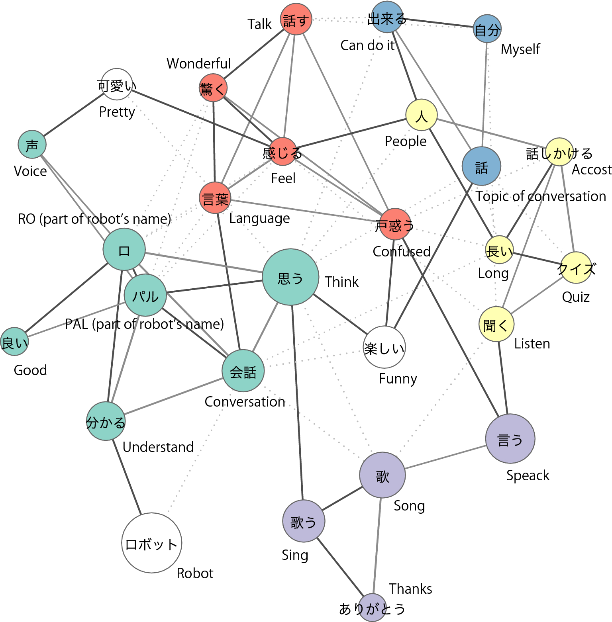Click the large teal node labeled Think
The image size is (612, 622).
tap(290, 277)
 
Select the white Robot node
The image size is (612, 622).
tap(151, 543)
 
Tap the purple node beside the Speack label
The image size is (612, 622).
tap(510, 438)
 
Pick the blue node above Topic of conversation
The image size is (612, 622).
tap(481, 166)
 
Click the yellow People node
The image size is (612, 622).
tap(421, 115)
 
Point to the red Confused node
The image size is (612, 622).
tap(394, 224)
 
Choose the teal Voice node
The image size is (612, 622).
tap(32, 144)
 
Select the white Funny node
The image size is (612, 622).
tap(384, 347)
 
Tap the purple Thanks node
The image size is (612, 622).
tap(372, 608)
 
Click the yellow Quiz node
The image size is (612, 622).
tap(576, 268)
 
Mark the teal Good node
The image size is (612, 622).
tap(14, 341)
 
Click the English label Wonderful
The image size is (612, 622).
tap(198, 64)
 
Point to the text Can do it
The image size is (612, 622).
tap(367, 45)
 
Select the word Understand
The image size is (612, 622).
tap(158, 447)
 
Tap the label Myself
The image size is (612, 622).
tap(520, 49)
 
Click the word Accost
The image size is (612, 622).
tap(591, 170)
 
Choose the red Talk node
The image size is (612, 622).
tap(296, 19)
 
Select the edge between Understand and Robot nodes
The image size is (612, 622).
tap(126, 477)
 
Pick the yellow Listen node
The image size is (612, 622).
tap(496, 324)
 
